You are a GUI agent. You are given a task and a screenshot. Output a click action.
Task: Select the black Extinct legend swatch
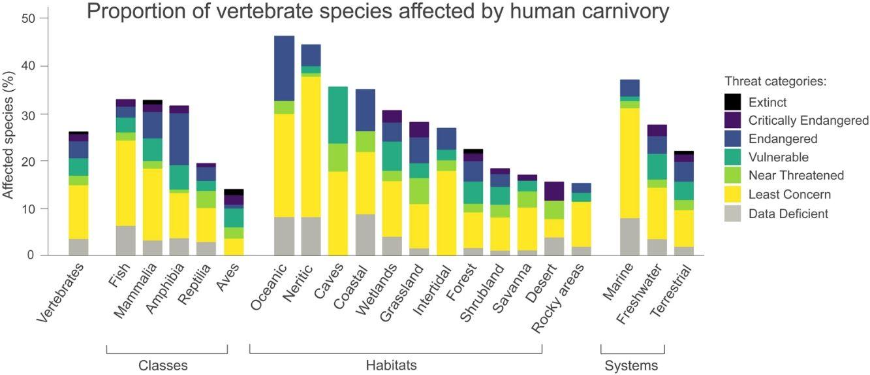pos(733,103)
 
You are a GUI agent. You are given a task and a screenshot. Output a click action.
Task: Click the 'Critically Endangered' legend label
pos(808,121)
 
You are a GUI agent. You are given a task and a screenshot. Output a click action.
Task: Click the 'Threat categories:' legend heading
pos(775,82)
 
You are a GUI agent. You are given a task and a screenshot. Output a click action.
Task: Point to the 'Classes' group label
pos(163,365)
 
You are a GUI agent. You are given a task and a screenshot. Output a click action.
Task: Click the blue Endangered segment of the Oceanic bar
pos(284,68)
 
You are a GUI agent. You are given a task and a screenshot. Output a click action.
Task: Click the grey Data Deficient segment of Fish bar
pos(125,240)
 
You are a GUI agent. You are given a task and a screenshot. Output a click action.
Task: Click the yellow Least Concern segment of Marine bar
pos(629,163)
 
